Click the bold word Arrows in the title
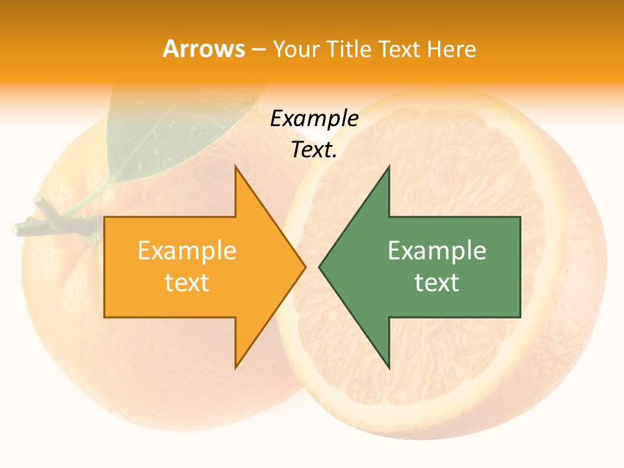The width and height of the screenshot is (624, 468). click(203, 49)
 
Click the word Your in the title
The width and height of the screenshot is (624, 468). click(296, 49)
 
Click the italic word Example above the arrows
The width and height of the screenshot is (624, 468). click(315, 119)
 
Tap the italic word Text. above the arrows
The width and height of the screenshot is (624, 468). click(315, 150)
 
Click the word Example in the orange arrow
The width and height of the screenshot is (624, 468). click(187, 251)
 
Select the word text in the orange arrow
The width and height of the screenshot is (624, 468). click(187, 283)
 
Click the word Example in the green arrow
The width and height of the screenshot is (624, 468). click(437, 251)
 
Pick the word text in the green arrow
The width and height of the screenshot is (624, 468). click(437, 283)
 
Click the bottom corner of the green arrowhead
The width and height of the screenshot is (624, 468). click(389, 367)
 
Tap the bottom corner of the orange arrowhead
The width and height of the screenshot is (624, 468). click(236, 367)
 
